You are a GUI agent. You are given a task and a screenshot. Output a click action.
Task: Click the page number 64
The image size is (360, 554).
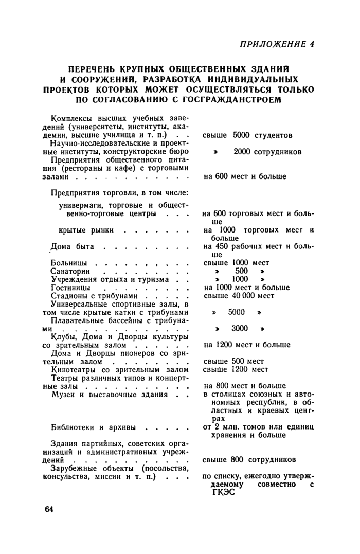49,509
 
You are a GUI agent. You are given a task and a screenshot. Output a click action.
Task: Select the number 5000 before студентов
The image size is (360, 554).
241,135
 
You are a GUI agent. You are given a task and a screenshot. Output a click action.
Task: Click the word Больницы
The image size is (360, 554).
68,262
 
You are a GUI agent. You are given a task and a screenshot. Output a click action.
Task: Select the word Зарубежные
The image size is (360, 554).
76,468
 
